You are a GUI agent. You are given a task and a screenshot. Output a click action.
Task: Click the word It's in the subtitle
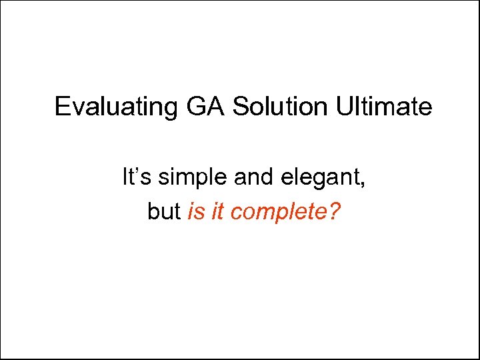134,177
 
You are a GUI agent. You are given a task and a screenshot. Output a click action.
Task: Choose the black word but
163,212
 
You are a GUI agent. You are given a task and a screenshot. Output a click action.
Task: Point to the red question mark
333,211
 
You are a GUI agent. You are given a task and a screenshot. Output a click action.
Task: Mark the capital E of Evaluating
62,107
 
